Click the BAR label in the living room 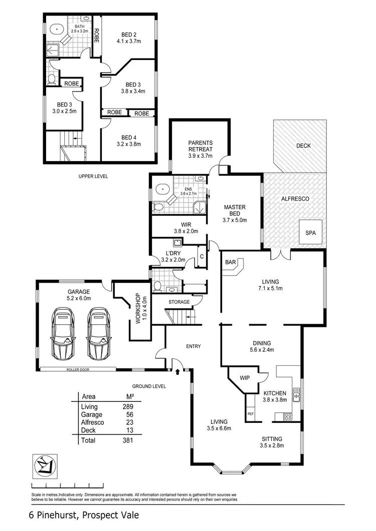(x=231, y=262)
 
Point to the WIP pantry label (x=245, y=378)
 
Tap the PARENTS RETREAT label (x=201, y=146)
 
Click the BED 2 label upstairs (x=129, y=39)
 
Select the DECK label (x=303, y=146)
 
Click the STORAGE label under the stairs (x=179, y=302)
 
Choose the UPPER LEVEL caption (x=93, y=176)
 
